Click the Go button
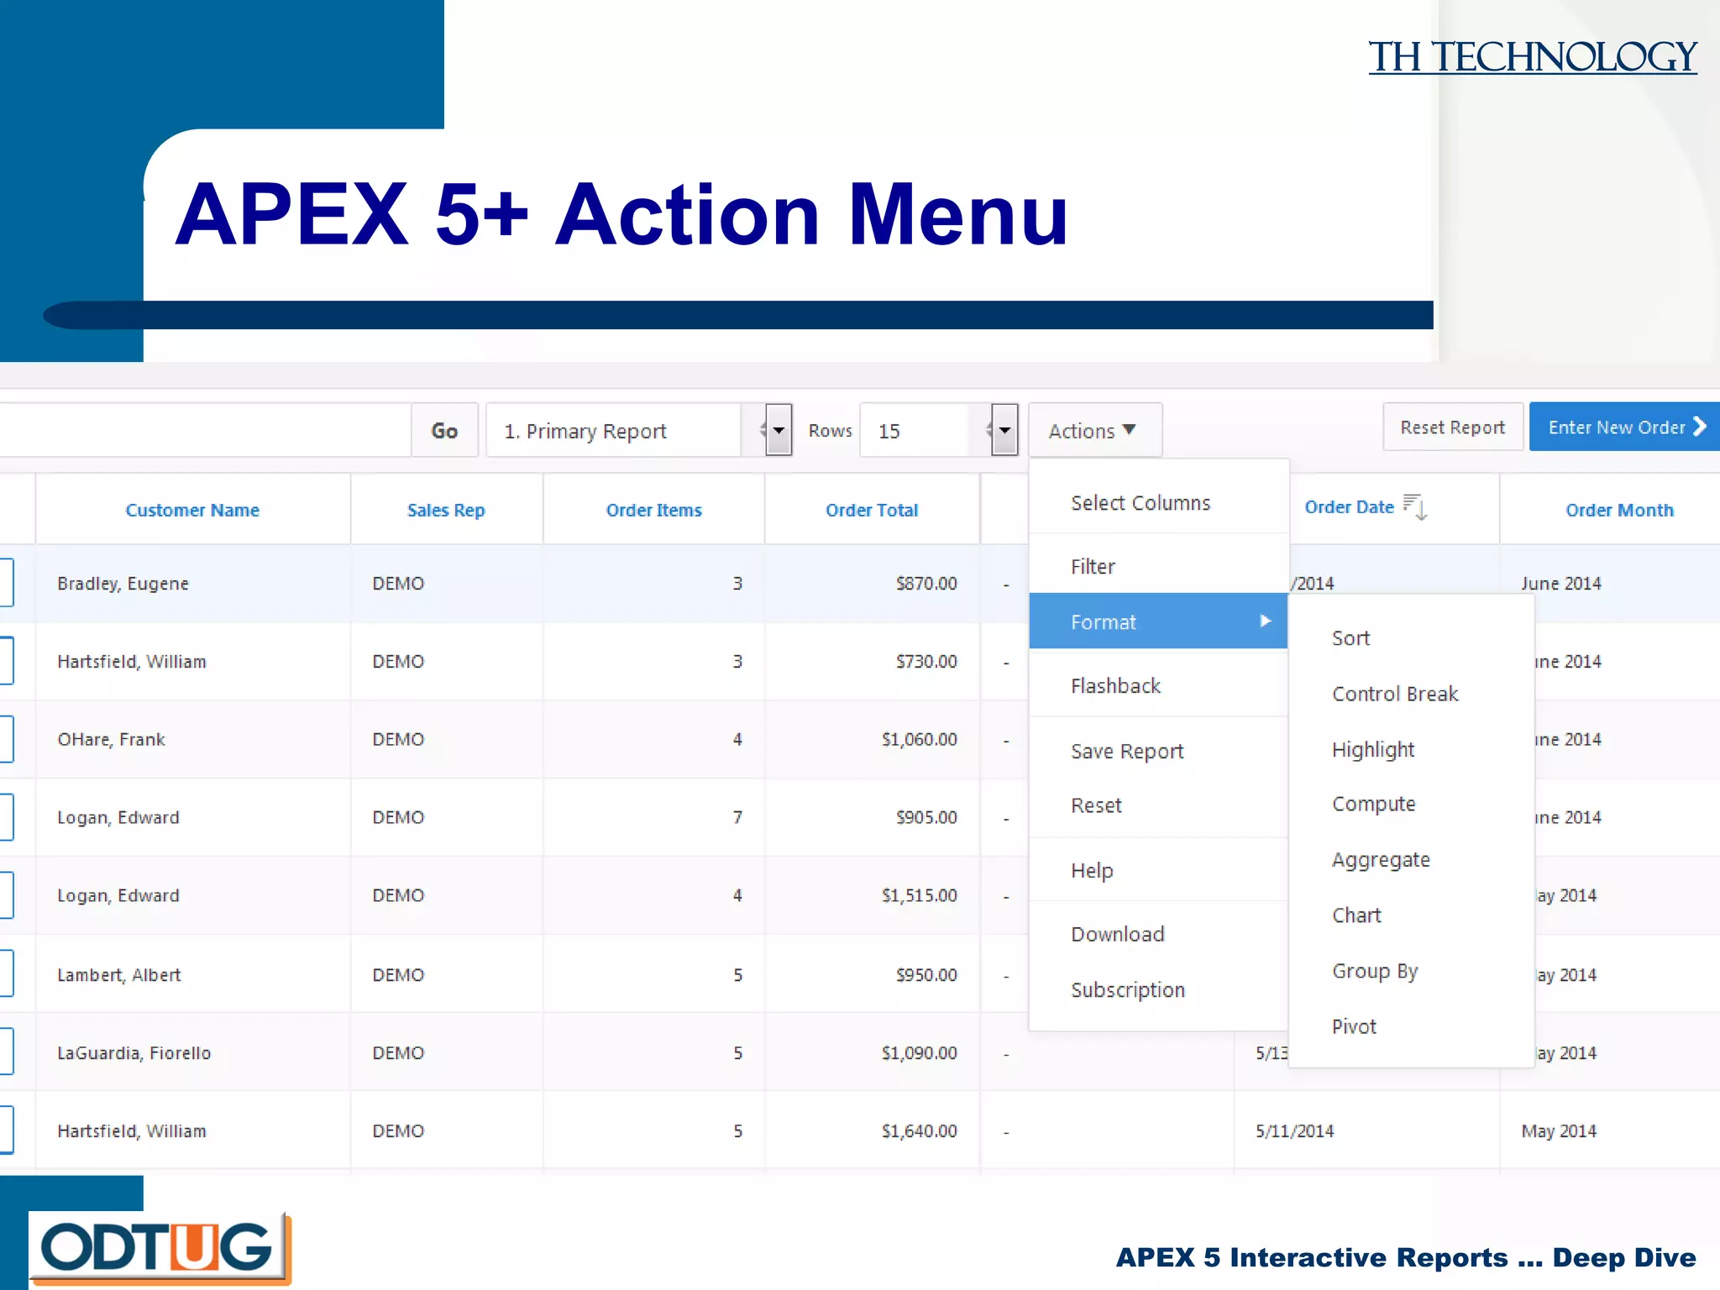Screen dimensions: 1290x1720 click(444, 431)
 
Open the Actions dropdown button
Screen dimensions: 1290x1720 click(1093, 431)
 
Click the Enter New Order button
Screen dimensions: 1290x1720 click(1623, 427)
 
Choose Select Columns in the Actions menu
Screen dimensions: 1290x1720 click(1140, 503)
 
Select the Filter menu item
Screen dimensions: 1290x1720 click(1093, 567)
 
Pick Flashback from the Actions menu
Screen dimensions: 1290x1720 click(1115, 686)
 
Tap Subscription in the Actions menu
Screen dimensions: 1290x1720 click(1127, 990)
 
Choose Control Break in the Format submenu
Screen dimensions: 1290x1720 click(1394, 694)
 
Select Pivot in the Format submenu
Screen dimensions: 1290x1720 click(1354, 1026)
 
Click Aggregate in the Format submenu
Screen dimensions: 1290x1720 click(1380, 860)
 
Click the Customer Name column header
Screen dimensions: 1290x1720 click(192, 510)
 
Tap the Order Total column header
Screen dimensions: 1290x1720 click(871, 510)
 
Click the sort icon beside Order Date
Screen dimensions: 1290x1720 click(1415, 506)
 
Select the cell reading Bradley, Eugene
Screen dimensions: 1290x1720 click(123, 584)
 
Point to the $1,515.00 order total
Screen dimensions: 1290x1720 click(919, 895)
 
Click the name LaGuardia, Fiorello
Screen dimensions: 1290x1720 click(134, 1053)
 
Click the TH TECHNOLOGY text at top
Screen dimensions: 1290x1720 click(1532, 57)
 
